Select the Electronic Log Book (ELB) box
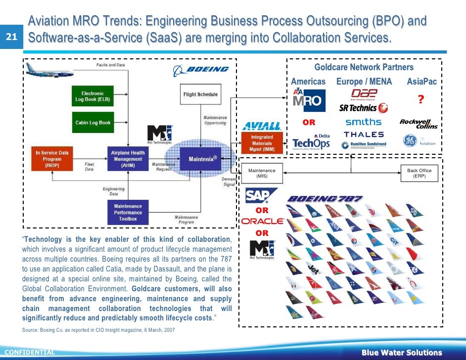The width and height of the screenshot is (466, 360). tap(93, 96)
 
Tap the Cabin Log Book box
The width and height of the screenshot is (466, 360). tap(93, 122)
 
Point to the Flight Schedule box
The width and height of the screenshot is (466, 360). tap(200, 94)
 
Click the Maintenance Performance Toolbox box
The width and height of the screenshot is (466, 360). tap(128, 213)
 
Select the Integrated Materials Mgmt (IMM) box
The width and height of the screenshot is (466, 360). tap(262, 143)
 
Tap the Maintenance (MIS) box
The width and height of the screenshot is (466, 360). tap(262, 173)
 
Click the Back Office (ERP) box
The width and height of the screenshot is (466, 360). tap(419, 173)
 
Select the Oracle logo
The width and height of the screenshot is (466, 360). tap(262, 222)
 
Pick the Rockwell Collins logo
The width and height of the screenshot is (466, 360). tap(419, 123)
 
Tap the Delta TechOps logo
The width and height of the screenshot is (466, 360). tap(311, 141)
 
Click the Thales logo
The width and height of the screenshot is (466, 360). tap(364, 134)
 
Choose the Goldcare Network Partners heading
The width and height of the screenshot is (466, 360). tap(364, 67)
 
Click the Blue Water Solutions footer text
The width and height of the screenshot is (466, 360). tap(401, 353)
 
